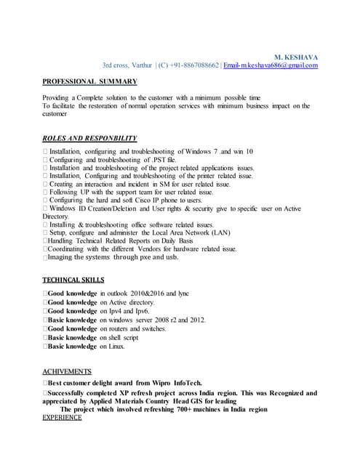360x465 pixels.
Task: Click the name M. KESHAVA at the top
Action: [x=296, y=57]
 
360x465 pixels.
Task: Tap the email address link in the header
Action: [x=271, y=65]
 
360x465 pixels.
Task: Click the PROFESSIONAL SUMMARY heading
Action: [x=87, y=81]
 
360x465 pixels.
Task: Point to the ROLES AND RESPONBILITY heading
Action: [x=89, y=138]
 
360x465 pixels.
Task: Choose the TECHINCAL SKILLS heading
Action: [x=73, y=280]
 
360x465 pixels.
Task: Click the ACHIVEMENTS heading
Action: [x=67, y=371]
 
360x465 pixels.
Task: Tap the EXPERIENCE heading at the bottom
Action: [x=63, y=418]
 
